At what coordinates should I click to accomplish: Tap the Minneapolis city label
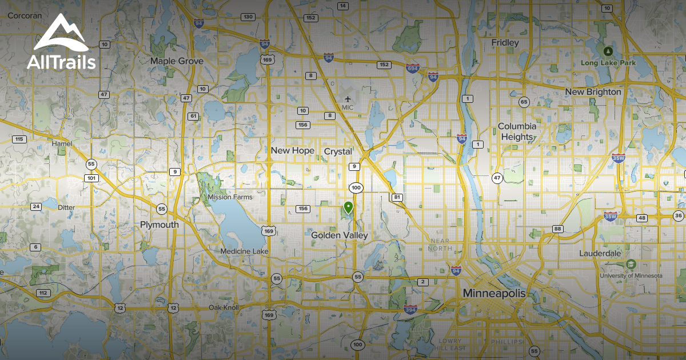click(x=494, y=293)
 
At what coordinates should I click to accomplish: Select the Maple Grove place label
click(x=177, y=61)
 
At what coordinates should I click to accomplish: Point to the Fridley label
click(x=505, y=42)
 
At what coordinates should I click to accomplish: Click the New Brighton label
click(x=593, y=91)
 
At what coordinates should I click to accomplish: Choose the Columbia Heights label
click(x=517, y=131)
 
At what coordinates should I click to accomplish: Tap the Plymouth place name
click(x=159, y=225)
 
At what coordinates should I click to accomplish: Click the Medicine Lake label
click(x=245, y=251)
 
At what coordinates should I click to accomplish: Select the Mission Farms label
click(x=230, y=197)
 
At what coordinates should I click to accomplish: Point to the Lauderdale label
click(x=600, y=253)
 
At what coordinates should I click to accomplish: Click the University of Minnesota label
click(x=631, y=275)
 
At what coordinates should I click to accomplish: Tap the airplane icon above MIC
click(x=348, y=97)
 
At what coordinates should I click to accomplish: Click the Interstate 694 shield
click(x=412, y=68)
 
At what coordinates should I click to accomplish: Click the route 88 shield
click(x=557, y=229)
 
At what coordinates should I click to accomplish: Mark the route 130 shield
click(x=248, y=17)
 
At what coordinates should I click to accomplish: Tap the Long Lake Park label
click(x=608, y=62)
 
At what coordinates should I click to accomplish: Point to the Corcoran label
click(x=25, y=16)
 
